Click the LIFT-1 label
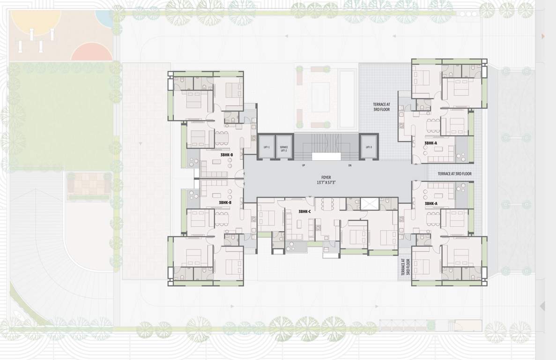pyautogui.click(x=266, y=147)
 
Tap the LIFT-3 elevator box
pyautogui.click(x=368, y=147)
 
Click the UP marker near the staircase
pyautogui.click(x=304, y=165)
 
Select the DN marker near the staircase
pyautogui.click(x=350, y=165)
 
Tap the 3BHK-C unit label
pyautogui.click(x=305, y=212)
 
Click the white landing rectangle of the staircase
pyautogui.click(x=326, y=157)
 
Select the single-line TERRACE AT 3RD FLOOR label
pyautogui.click(x=454, y=173)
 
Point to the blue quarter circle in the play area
pyautogui.click(x=104, y=16)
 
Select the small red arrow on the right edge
pyautogui.click(x=543, y=36)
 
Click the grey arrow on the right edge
pyautogui.click(x=542, y=306)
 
